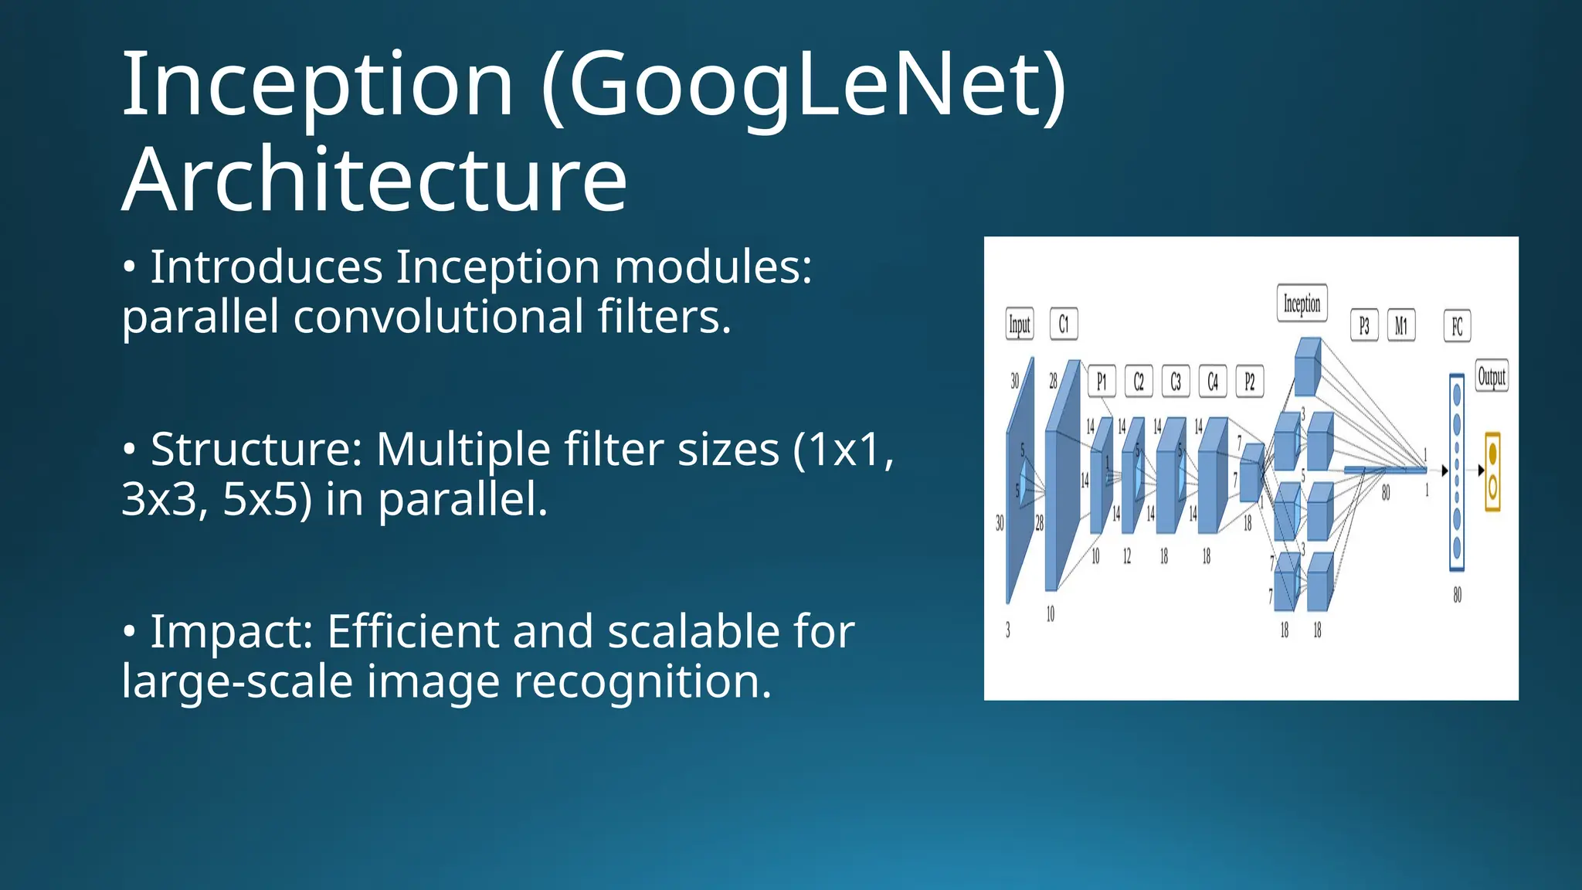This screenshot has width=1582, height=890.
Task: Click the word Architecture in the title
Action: click(375, 179)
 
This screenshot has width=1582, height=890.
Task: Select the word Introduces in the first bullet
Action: click(266, 267)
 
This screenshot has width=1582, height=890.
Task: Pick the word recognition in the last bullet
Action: click(642, 682)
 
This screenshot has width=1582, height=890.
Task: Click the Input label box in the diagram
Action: click(1020, 324)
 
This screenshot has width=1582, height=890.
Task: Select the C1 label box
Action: click(1064, 324)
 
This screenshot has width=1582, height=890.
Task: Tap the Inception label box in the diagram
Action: click(1302, 304)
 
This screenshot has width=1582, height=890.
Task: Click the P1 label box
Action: click(1102, 382)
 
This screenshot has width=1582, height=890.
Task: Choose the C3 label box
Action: click(1176, 382)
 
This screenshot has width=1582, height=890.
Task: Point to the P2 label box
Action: click(1250, 382)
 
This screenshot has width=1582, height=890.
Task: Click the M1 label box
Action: click(1401, 326)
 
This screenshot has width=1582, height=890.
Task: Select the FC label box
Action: click(1458, 326)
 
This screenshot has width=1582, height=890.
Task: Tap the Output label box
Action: click(1492, 377)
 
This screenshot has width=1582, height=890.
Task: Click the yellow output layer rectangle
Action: click(1492, 472)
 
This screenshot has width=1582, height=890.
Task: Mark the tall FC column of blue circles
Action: click(1457, 472)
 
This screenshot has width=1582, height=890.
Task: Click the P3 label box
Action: click(1364, 326)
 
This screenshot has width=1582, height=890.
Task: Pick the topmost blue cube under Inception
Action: click(1307, 368)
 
